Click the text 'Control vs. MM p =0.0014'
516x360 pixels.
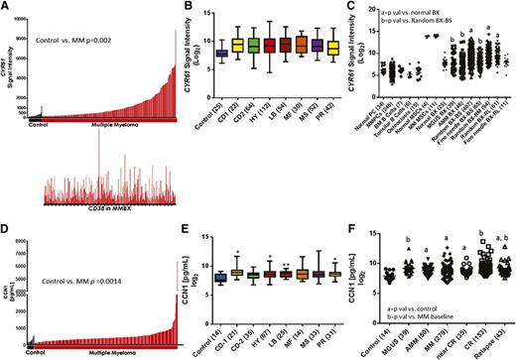coord(78,228)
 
